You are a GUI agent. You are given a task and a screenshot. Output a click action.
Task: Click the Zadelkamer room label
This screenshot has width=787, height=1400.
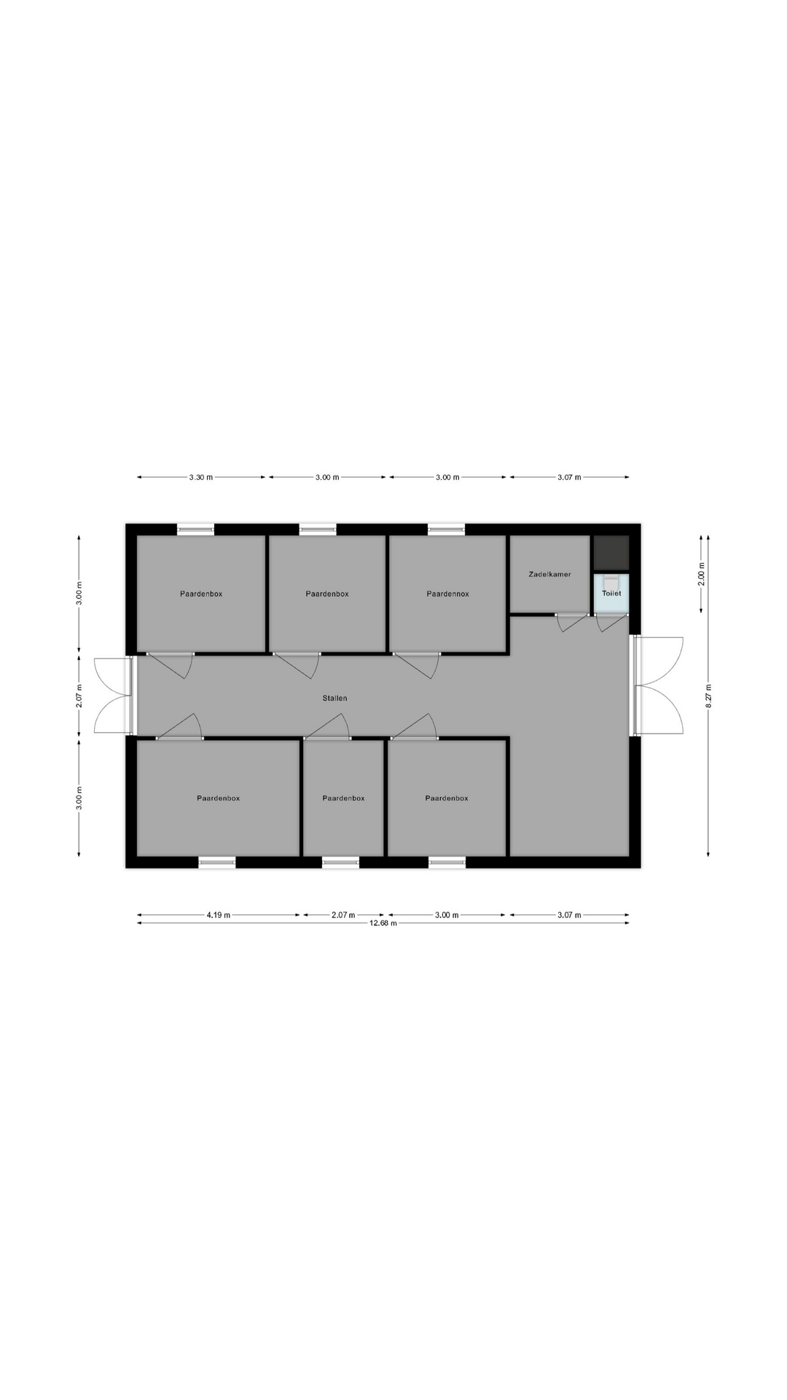point(549,575)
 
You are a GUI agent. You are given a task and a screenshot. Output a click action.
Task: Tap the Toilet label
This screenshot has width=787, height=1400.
point(611,594)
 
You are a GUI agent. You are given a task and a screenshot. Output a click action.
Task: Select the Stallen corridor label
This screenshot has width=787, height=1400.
point(335,699)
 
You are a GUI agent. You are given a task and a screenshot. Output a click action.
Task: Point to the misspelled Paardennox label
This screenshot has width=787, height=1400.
point(447,594)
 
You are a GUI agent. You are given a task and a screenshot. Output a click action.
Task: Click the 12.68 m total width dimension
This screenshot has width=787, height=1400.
point(383,923)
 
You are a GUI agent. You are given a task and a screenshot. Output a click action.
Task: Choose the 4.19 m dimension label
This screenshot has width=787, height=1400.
point(218,914)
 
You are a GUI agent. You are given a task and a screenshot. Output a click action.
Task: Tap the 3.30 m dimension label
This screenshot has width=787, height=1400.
point(201,478)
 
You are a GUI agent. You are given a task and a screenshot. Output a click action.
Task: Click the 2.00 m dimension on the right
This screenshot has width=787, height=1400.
point(701,574)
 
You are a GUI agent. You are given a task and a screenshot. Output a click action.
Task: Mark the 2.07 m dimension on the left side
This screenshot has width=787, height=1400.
point(79,696)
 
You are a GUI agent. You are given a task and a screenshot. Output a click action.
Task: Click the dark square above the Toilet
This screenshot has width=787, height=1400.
point(611,553)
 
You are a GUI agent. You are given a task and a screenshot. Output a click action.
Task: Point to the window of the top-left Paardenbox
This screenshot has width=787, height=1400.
point(196,530)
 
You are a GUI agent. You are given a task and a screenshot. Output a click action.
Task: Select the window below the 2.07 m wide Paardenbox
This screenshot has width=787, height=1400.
point(340,863)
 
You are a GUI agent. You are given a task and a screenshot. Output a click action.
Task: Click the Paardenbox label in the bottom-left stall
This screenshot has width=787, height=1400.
point(218,798)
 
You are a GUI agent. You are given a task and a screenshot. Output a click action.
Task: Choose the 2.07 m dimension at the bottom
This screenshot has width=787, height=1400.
point(343,914)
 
